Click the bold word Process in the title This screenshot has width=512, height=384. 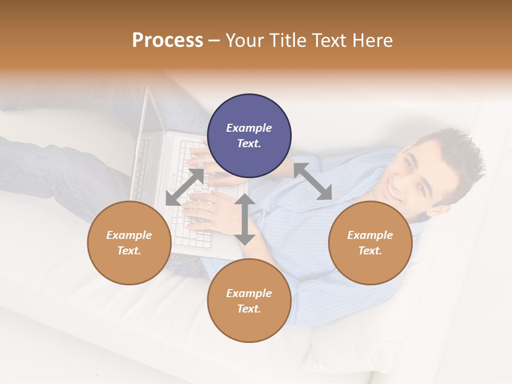(167, 41)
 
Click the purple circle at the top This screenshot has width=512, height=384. (249, 136)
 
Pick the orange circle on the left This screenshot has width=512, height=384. (129, 243)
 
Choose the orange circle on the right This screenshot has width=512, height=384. (370, 243)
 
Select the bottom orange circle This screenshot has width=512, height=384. (249, 300)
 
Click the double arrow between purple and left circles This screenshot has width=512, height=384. (185, 187)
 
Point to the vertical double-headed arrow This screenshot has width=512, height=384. (245, 219)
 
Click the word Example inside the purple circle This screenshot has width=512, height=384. (249, 128)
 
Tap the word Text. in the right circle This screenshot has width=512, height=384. (370, 251)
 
